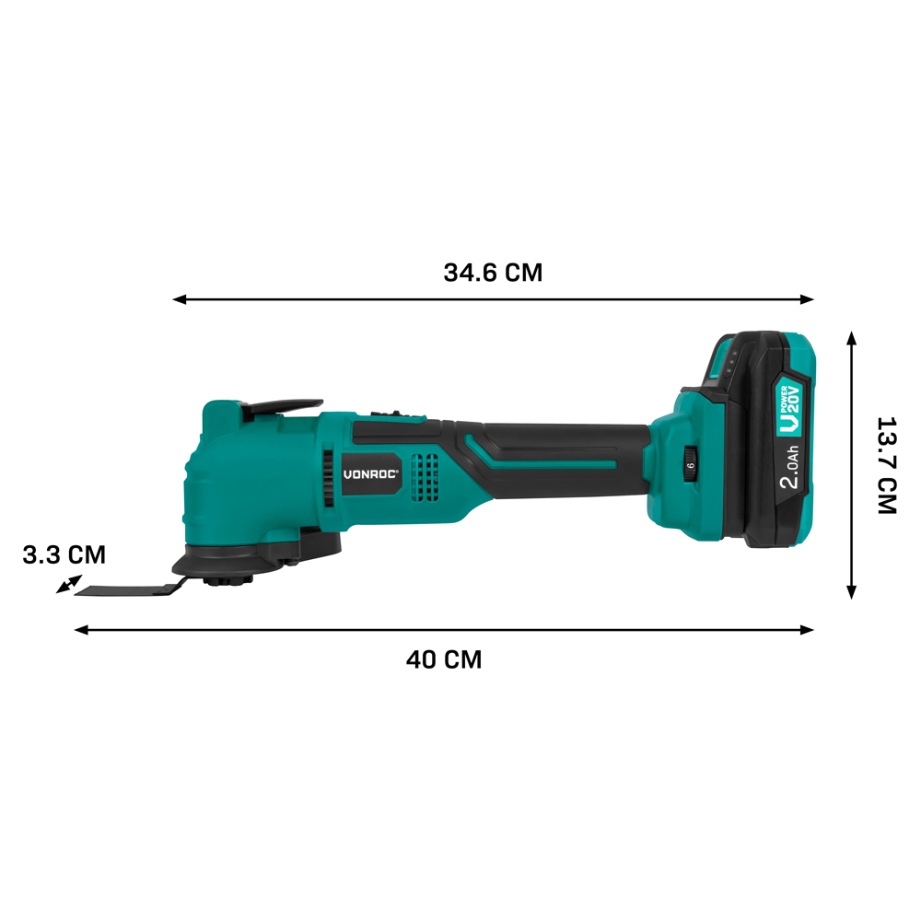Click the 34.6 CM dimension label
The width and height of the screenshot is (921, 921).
click(493, 273)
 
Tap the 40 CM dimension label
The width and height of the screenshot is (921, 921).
click(444, 659)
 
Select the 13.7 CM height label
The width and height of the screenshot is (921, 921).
click(887, 466)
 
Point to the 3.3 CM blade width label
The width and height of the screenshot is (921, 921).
click(64, 555)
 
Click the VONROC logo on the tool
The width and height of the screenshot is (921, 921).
click(370, 474)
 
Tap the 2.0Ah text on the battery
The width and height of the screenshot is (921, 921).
click(790, 467)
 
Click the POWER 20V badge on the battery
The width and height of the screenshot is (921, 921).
click(790, 410)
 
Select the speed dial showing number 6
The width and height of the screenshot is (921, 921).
click(691, 465)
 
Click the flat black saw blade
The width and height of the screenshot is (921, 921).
click(129, 589)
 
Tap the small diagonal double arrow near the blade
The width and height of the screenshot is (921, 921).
click(69, 584)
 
